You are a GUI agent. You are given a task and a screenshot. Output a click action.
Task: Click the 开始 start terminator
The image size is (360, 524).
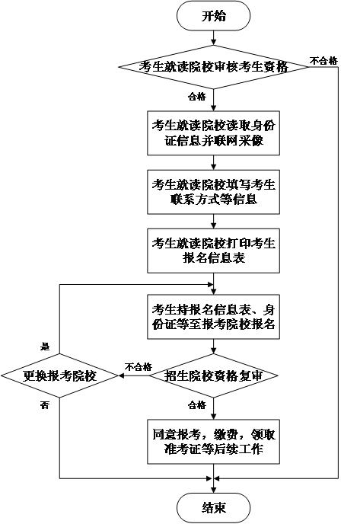click(x=213, y=16)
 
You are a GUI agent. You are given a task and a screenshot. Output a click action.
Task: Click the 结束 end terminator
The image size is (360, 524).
click(x=213, y=508)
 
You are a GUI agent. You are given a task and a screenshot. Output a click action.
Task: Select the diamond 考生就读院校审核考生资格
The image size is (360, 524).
click(x=213, y=67)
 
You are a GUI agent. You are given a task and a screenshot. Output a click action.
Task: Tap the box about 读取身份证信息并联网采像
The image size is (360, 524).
click(x=213, y=133)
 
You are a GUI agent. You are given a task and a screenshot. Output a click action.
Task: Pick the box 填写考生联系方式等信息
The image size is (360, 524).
click(x=213, y=192)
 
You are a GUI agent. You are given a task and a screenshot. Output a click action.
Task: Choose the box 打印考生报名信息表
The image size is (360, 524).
click(x=213, y=251)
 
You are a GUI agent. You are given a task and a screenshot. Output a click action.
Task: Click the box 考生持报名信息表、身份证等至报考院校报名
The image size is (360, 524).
click(x=213, y=317)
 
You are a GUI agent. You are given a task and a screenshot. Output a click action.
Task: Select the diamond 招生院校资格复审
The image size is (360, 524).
click(x=213, y=375)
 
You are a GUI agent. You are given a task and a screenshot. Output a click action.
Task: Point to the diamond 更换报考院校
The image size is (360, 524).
click(x=59, y=375)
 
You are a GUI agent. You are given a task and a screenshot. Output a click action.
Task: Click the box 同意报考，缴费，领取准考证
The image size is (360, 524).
click(x=213, y=442)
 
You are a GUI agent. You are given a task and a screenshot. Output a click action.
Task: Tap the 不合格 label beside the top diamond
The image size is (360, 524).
click(x=324, y=61)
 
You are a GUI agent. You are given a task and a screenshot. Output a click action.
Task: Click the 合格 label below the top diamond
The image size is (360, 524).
click(x=197, y=97)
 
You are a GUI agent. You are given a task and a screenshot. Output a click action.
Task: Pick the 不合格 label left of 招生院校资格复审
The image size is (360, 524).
click(x=139, y=367)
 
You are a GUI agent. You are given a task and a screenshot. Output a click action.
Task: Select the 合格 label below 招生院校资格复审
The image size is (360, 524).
click(x=197, y=405)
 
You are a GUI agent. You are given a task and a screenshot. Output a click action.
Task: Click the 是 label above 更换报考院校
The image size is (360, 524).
click(x=45, y=347)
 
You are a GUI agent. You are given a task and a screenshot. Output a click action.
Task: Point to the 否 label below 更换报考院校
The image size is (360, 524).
click(x=45, y=405)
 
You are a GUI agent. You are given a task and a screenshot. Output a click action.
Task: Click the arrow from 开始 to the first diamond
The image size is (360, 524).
click(x=213, y=38)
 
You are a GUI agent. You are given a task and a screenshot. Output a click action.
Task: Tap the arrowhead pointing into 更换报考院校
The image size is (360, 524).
click(x=121, y=375)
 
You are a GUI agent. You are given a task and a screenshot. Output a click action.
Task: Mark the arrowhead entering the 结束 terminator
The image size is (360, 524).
click(x=213, y=490)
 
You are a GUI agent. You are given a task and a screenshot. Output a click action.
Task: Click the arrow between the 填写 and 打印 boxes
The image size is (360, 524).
click(x=213, y=222)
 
